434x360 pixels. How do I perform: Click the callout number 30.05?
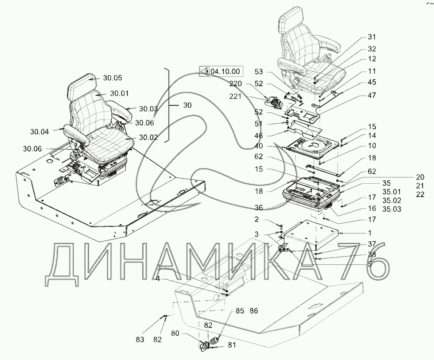tap(113, 78)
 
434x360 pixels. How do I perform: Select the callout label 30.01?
tap(120, 93)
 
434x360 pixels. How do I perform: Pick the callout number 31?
tap(371, 37)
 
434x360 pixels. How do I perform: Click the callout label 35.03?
tap(392, 209)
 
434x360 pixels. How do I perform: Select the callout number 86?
tap(254, 311)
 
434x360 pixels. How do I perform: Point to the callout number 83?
tap(140, 339)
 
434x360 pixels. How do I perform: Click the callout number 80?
tap(176, 333)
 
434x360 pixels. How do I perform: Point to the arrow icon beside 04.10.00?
tap(204, 71)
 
